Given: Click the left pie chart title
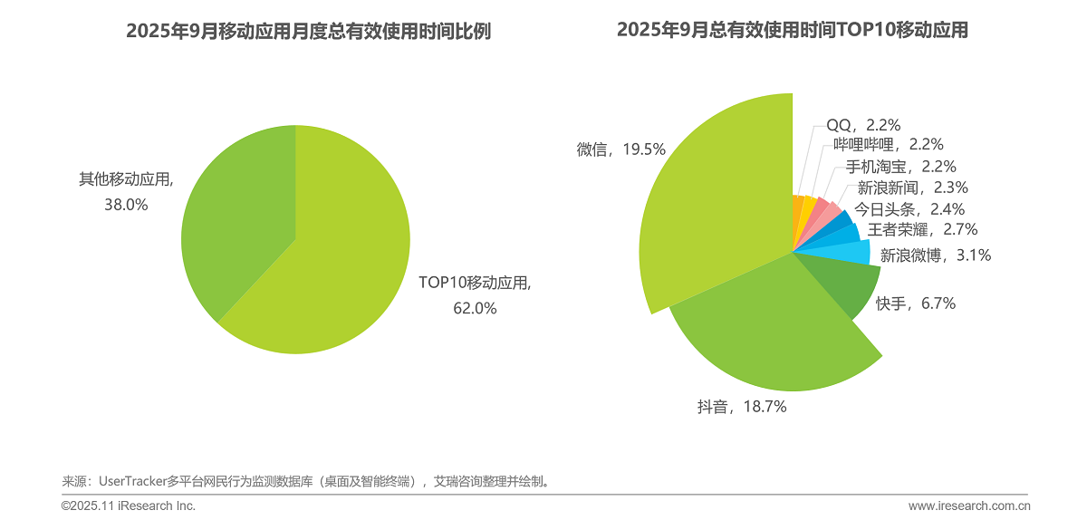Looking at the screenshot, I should pos(308,31).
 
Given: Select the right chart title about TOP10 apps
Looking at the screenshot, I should pos(793,31).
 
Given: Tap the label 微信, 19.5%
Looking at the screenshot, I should pos(620,149).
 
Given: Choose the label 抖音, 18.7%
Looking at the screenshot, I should pos(741,408).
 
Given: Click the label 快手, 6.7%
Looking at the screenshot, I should pos(915,303).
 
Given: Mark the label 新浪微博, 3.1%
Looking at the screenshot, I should pos(936,255).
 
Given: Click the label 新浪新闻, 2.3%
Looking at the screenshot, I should pos(912,188).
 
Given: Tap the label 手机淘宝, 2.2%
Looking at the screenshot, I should pos(900,167).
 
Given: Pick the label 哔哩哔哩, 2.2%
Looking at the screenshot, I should pos(888,145).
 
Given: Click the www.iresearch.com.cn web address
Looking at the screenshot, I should pos(969,506).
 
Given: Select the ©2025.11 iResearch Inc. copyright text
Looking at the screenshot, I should pos(129,506).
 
